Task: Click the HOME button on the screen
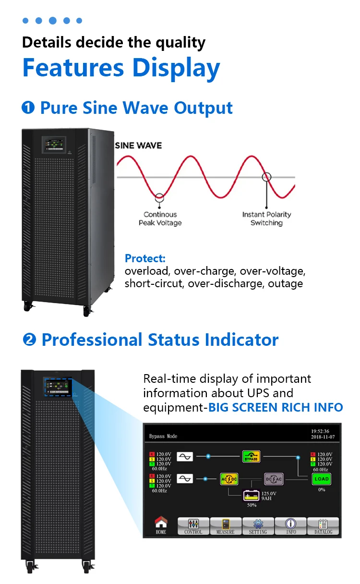pos(161,525)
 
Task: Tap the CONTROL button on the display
pos(193,526)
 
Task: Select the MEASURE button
pos(226,526)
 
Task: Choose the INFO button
pos(291,526)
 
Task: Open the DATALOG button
pos(323,526)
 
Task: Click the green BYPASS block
pos(251,457)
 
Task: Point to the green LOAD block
pos(322,479)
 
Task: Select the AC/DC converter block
pos(229,479)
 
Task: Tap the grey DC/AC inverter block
pos(273,479)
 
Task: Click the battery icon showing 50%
pos(252,495)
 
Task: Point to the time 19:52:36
pos(320,431)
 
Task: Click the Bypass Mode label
pos(163,436)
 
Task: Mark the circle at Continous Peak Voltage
pos(159,196)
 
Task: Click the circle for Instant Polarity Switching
pos(266,176)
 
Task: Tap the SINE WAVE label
pos(139,146)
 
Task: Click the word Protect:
pos(145,258)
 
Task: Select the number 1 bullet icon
pos(28,108)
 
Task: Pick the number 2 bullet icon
pos(30,340)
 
